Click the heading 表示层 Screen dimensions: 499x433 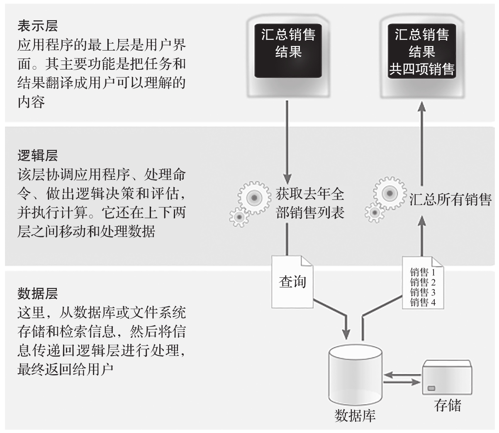click(x=38, y=26)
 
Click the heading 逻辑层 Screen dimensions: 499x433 click(x=38, y=156)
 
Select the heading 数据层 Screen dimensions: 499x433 click(x=38, y=293)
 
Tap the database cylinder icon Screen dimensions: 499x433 click(x=355, y=375)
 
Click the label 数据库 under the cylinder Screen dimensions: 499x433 click(x=355, y=416)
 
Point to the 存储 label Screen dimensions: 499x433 click(x=448, y=406)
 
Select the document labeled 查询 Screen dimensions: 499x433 click(x=292, y=282)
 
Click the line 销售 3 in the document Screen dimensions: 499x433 click(x=423, y=292)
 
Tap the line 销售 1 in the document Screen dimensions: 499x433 click(x=423, y=272)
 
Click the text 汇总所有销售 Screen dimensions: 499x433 click(x=450, y=200)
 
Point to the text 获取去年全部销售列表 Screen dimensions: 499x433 click(x=310, y=203)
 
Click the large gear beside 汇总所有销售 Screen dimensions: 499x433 click(x=389, y=194)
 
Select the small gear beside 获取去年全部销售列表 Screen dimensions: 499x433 click(x=239, y=217)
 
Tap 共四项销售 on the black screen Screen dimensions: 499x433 click(x=422, y=69)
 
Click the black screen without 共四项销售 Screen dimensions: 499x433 click(x=288, y=51)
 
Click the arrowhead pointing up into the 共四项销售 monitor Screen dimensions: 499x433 click(x=422, y=106)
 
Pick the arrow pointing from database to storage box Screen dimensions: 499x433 click(x=402, y=382)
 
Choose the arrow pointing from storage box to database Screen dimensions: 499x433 click(x=402, y=375)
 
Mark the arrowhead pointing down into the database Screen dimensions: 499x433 click(x=346, y=334)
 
